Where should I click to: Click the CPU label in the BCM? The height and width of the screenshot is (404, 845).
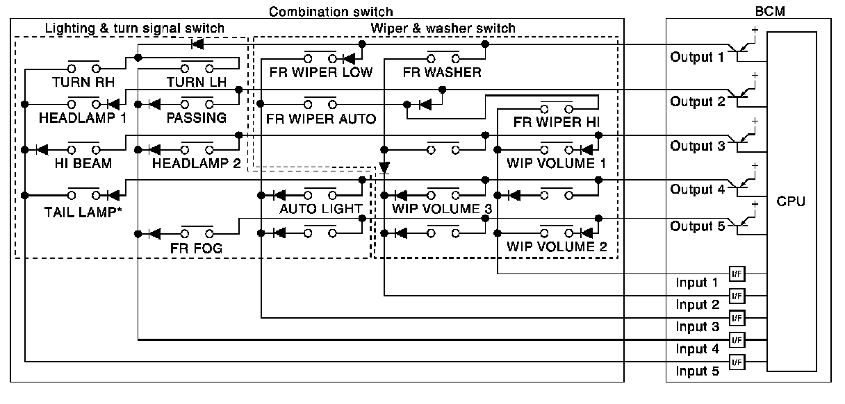791,201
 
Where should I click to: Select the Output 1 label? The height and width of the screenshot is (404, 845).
697,58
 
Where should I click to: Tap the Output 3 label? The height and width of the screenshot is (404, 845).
698,146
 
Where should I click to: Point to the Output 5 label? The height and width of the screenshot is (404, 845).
698,226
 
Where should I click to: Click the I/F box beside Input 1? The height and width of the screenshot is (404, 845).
737,274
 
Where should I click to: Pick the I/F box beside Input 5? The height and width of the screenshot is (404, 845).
737,362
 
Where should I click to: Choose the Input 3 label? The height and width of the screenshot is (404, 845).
698,326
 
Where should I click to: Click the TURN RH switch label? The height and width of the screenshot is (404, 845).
83,82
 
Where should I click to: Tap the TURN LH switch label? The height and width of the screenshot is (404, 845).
197,82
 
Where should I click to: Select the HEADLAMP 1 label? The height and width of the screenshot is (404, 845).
83,118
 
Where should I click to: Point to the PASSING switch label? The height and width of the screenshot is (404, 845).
197,118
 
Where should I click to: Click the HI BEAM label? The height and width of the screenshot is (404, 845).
83,163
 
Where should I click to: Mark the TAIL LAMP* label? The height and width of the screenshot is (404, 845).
83,212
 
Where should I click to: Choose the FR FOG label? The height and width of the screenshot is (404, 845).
196,249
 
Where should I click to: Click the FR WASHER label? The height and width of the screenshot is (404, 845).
442,72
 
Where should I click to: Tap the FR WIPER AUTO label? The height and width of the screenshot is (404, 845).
321,119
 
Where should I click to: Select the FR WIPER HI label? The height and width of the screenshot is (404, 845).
557,122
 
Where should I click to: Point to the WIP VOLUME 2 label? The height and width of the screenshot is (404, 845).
557,247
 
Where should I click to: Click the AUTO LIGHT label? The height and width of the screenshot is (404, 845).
321,209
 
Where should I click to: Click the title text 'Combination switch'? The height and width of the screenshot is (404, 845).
331,12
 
